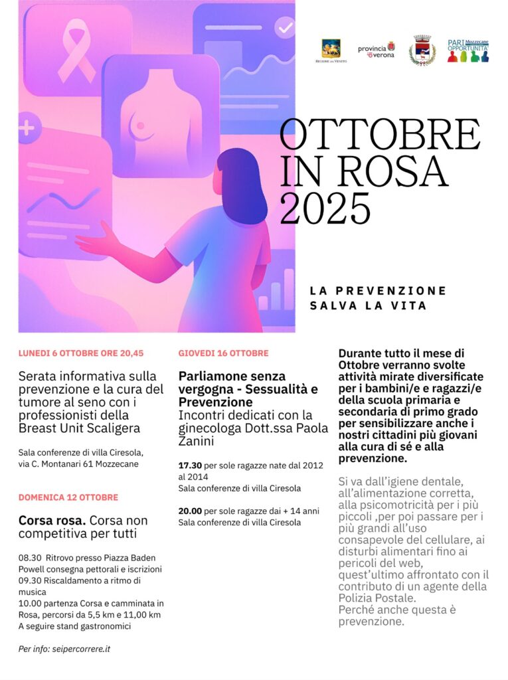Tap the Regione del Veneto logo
tap(331, 50)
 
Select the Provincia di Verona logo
tap(377, 50)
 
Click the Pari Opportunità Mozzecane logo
tap(467, 50)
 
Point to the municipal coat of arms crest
tap(422, 50)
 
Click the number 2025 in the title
tap(325, 207)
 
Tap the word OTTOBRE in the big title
tap(380, 134)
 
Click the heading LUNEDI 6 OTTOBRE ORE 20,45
tap(81, 353)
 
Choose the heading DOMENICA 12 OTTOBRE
tap(68, 497)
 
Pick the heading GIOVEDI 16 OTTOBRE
tap(223, 353)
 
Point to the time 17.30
tap(190, 466)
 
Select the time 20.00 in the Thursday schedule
tap(190, 511)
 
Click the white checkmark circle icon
tap(285, 28)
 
